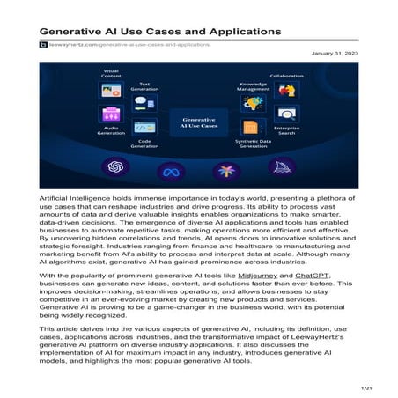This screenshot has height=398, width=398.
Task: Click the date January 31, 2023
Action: (x=335, y=54)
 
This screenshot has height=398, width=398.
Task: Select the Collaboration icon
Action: (x=285, y=90)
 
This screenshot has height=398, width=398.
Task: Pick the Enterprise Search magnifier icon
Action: (x=285, y=115)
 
